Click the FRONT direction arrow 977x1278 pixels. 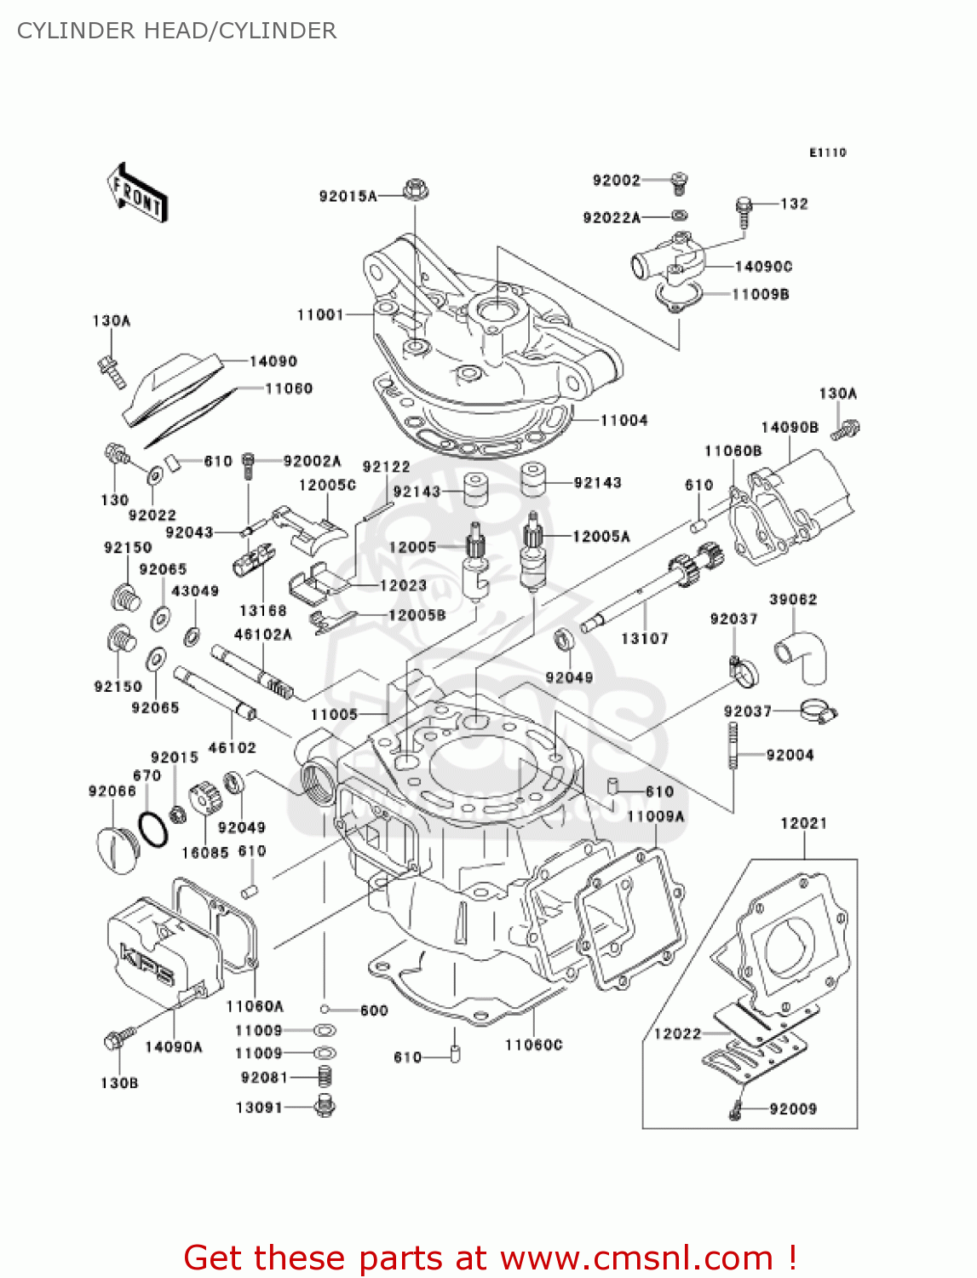point(137,193)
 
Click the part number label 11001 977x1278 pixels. point(319,315)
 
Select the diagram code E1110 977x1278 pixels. point(827,153)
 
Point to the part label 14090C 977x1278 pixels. point(763,267)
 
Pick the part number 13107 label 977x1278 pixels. point(644,638)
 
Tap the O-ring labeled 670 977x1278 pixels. point(152,828)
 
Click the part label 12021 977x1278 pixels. point(803,823)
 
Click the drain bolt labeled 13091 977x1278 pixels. point(325,1107)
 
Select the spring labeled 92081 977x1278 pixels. point(324,1078)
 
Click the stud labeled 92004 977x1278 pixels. point(732,745)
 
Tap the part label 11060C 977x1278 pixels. point(533,1045)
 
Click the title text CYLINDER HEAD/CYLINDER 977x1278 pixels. point(176,31)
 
